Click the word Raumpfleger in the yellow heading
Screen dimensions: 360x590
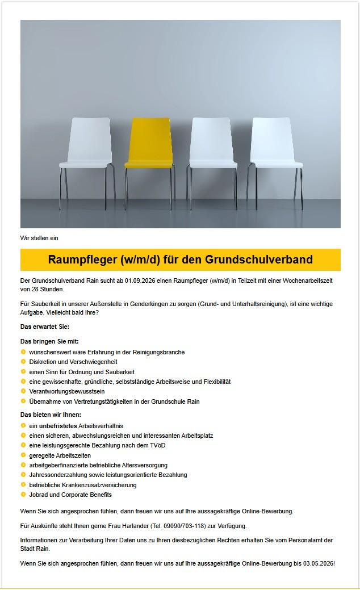click(82, 260)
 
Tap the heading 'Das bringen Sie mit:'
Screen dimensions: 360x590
click(49, 341)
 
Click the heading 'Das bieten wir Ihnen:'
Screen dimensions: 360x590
click(51, 415)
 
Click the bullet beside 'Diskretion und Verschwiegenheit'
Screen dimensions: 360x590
click(23, 362)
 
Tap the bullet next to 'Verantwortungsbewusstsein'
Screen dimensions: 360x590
click(23, 391)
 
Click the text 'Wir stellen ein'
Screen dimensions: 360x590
click(39, 238)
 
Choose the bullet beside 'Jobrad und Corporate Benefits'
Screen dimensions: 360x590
click(23, 495)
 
